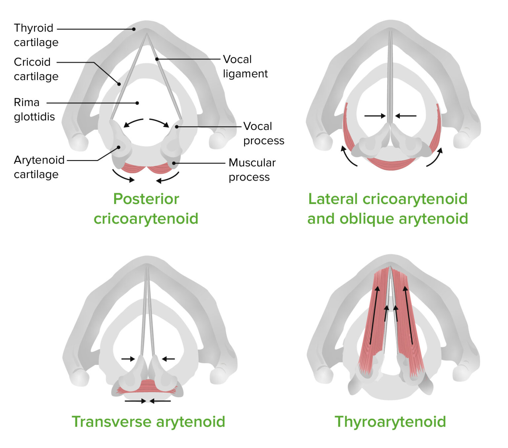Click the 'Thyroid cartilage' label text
click(36, 35)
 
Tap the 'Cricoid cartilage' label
click(36, 69)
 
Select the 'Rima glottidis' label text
click(34, 109)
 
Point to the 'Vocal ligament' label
click(245, 66)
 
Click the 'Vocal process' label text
click(263, 133)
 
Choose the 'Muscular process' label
click(252, 170)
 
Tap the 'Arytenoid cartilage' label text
click(39, 167)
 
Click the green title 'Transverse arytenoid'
click(148, 422)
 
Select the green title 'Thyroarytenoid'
click(390, 422)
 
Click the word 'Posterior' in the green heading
click(146, 199)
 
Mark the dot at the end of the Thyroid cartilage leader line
click(134, 29)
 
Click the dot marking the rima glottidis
click(137, 103)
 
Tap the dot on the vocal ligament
click(157, 59)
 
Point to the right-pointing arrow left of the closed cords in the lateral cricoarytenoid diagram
click(375, 116)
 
